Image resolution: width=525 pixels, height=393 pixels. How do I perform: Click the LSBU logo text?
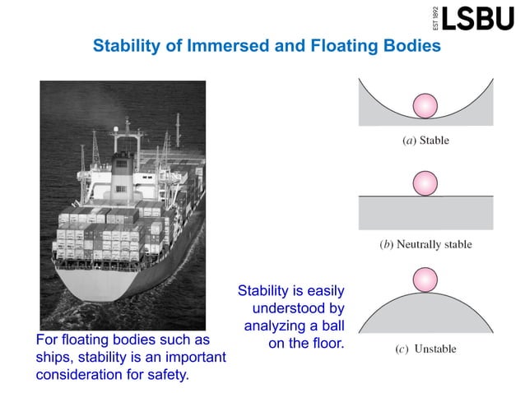pyautogui.click(x=477, y=17)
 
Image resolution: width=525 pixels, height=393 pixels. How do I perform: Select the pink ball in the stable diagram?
pyautogui.click(x=425, y=106)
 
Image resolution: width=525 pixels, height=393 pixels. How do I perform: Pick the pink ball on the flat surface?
pyautogui.click(x=425, y=183)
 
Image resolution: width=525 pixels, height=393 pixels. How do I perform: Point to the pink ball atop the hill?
pyautogui.click(x=425, y=279)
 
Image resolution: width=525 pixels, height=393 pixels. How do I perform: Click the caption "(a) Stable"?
pyautogui.click(x=425, y=141)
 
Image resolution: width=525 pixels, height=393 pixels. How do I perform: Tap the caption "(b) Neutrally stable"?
pyautogui.click(x=425, y=244)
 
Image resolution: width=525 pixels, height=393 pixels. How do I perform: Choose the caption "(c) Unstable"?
pyautogui.click(x=425, y=349)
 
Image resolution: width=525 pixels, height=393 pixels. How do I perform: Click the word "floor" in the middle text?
pyautogui.click(x=326, y=340)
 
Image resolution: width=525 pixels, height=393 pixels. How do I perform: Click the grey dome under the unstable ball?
pyautogui.click(x=425, y=317)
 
